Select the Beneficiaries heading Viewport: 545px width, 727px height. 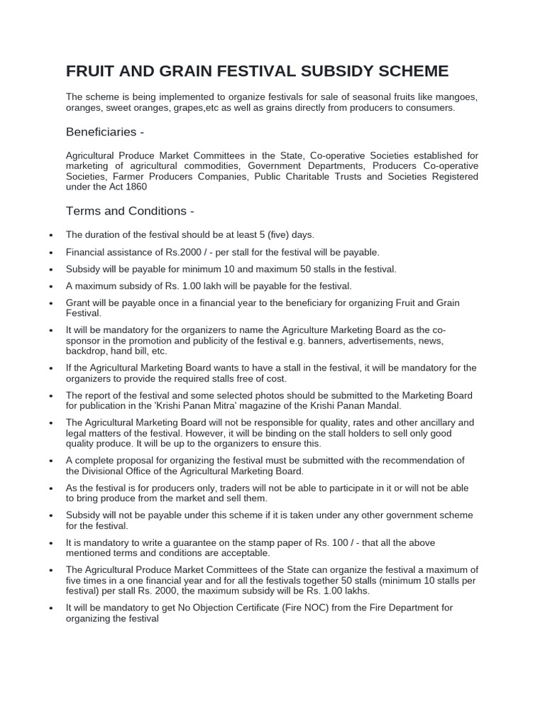point(106,132)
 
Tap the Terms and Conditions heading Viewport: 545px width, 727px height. point(130,211)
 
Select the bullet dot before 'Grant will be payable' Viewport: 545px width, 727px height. point(50,304)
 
